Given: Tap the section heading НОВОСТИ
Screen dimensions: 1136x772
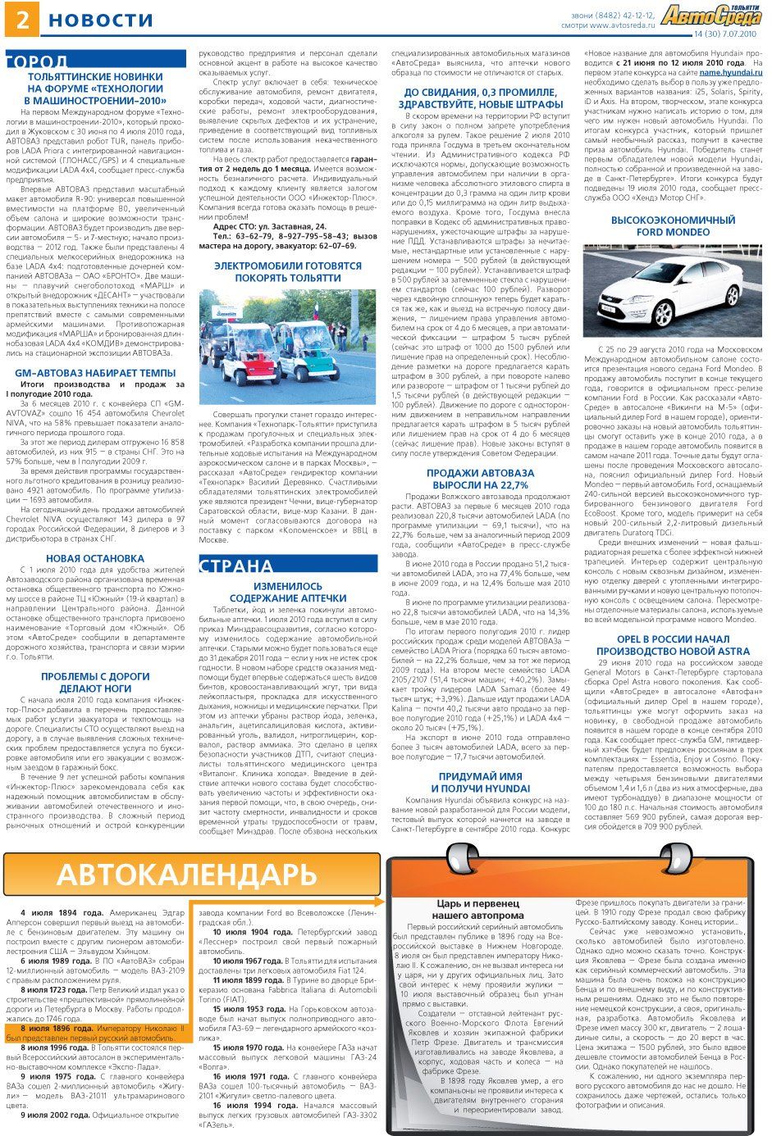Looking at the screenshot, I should pyautogui.click(x=101, y=20).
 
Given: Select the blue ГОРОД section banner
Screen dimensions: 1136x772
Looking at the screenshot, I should pyautogui.click(x=49, y=62).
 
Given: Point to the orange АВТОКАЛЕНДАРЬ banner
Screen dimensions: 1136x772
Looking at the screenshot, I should pyautogui.click(x=192, y=875).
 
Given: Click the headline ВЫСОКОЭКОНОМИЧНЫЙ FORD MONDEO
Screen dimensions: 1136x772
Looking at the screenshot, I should pyautogui.click(x=673, y=226).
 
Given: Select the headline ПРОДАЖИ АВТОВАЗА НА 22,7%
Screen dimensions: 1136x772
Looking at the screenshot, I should pyautogui.click(x=480, y=479).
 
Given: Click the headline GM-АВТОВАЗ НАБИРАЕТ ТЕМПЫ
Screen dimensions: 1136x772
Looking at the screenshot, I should pyautogui.click(x=95, y=373).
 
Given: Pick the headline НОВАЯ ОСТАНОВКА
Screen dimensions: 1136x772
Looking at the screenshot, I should pyautogui.click(x=95, y=558).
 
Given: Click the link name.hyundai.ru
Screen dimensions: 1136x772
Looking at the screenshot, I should pyautogui.click(x=731, y=73).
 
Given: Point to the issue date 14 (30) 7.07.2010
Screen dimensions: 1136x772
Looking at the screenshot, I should pyautogui.click(x=725, y=34).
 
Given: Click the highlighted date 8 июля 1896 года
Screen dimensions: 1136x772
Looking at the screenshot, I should pyautogui.click(x=56, y=1028).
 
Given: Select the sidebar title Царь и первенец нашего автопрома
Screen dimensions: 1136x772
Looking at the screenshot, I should pyautogui.click(x=477, y=909).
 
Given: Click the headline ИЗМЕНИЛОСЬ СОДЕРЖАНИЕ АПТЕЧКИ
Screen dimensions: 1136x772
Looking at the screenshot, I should pyautogui.click(x=288, y=593).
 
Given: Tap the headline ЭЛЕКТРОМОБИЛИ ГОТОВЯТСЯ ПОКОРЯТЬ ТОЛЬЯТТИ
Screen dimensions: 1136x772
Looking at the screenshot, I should pyautogui.click(x=287, y=272).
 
